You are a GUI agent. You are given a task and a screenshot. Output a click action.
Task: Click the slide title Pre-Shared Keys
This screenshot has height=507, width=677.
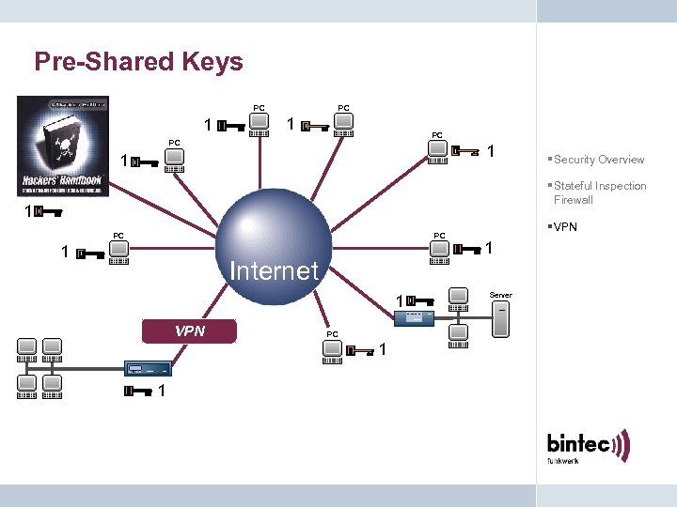(138, 62)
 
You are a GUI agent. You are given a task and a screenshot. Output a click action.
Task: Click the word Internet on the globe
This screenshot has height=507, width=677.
(274, 271)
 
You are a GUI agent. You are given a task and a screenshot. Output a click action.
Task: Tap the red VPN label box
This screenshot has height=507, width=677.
(190, 330)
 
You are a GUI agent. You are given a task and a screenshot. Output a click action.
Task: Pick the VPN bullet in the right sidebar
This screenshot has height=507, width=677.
(565, 227)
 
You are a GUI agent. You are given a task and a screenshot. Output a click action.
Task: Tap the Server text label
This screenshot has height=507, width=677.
(500, 295)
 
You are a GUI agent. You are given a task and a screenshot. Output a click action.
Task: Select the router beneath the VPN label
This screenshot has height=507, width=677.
(147, 368)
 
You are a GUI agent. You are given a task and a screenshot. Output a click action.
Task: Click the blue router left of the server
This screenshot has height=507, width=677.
(414, 318)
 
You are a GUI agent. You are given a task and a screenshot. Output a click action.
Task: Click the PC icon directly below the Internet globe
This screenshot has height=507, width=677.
(332, 350)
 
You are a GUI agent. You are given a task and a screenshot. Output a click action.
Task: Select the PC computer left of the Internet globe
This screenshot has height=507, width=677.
(119, 252)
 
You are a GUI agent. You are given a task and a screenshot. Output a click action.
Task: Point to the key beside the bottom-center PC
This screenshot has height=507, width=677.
(361, 351)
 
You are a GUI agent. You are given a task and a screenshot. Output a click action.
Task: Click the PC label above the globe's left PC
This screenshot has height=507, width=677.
(118, 235)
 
